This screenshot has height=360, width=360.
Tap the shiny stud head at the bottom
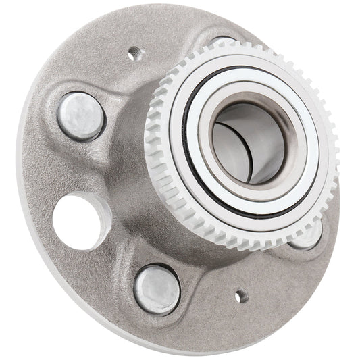157,290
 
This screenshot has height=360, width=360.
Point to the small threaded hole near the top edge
134,51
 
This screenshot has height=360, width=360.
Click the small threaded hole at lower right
240,295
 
